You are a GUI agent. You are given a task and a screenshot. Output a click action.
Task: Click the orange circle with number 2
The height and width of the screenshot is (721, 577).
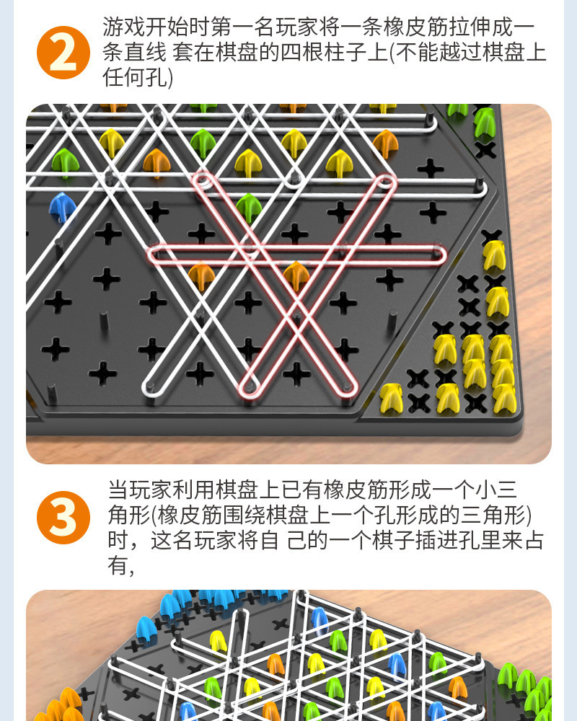tap(63, 52)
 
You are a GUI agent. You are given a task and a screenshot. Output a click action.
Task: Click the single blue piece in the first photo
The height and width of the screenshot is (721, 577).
tap(63, 207)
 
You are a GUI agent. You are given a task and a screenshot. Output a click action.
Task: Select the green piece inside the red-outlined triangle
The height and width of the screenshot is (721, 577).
tap(248, 207)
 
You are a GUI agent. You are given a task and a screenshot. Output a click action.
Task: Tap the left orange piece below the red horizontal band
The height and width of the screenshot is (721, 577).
tap(201, 275)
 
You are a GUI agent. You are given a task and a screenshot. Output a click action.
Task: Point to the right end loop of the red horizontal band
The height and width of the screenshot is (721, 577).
tap(437, 252)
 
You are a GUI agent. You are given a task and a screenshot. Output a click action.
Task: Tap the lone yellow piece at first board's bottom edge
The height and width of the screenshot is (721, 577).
tap(391, 397)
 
